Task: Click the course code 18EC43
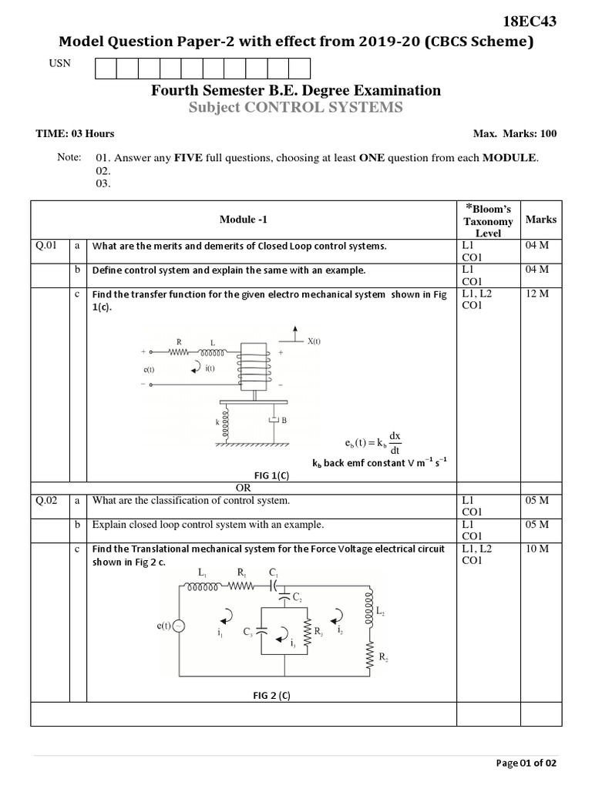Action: (529, 22)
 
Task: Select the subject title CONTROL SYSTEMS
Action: (323, 108)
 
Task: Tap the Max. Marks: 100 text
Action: (514, 134)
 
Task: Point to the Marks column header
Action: (540, 220)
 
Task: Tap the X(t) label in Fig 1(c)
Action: (314, 341)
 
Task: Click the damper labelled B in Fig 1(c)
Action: (273, 421)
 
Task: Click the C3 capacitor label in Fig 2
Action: (247, 632)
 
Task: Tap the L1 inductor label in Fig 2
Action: (203, 573)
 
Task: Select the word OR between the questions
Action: (244, 488)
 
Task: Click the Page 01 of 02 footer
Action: (526, 763)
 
